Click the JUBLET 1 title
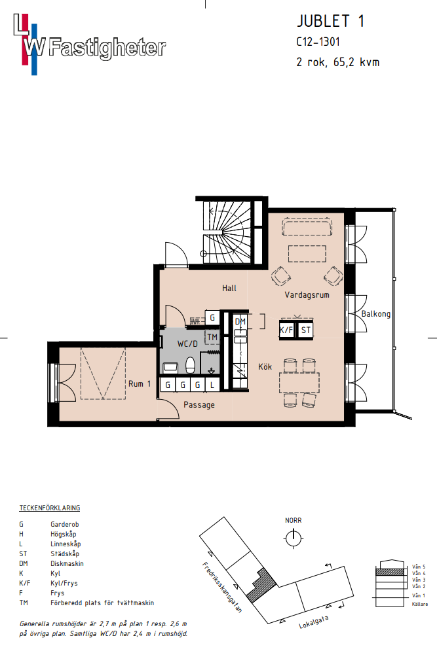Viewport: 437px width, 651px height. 331,21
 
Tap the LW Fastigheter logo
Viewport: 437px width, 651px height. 89,44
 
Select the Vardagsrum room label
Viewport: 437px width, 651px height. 307,295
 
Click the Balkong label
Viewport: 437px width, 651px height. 376,314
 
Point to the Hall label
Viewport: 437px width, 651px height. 229,288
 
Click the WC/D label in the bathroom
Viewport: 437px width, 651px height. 187,343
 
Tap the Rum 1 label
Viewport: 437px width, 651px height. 140,383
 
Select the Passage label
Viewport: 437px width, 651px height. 199,404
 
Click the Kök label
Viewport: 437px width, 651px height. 265,366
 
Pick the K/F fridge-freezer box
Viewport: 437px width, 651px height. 286,330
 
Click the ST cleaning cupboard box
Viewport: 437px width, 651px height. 305,330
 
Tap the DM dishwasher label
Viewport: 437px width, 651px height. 240,322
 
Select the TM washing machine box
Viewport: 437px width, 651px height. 212,337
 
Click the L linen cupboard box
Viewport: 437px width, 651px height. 212,385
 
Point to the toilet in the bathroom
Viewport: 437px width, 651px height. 190,365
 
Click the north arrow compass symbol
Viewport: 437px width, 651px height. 293,538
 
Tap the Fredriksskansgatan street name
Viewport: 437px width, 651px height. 222,587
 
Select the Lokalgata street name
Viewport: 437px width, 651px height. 314,622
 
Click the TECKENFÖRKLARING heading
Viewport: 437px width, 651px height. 50,508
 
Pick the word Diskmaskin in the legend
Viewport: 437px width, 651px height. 67,563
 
